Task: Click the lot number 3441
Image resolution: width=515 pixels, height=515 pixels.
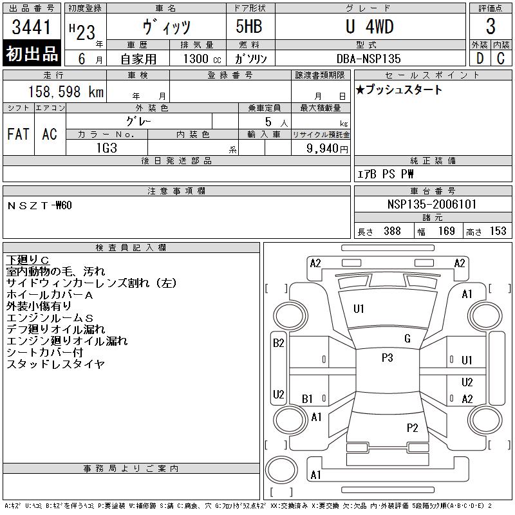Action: click(x=31, y=27)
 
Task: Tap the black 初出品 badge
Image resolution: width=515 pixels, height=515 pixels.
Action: click(x=32, y=53)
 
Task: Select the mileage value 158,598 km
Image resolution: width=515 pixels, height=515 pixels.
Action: click(x=66, y=91)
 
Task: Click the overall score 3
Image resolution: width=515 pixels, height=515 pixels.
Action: click(x=491, y=26)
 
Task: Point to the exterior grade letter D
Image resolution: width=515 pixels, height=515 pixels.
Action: click(x=480, y=58)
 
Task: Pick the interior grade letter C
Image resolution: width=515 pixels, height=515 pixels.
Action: click(x=501, y=58)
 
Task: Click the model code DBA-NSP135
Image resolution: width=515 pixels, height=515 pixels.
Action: click(x=368, y=59)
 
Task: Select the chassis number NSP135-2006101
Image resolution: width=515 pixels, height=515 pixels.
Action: click(x=431, y=204)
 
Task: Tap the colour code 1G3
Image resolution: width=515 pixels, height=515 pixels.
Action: click(x=107, y=148)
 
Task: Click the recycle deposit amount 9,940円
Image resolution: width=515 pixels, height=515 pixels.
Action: click(x=327, y=149)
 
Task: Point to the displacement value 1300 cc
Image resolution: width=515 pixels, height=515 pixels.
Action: click(x=202, y=59)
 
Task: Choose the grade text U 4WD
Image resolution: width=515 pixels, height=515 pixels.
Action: click(x=370, y=26)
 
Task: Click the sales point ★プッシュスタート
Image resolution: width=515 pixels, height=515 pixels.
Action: click(x=398, y=89)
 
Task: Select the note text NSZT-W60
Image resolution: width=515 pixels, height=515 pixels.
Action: click(x=39, y=205)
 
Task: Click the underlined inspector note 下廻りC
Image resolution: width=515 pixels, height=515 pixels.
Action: click(x=28, y=260)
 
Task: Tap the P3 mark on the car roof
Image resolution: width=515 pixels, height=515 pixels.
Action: click(x=388, y=357)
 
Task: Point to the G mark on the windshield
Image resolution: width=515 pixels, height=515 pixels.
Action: click(x=407, y=339)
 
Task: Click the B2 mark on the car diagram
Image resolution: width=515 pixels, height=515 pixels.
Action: click(x=279, y=343)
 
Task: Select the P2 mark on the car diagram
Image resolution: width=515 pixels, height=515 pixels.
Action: click(x=412, y=427)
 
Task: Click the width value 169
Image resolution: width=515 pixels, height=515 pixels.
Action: click(x=446, y=231)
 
